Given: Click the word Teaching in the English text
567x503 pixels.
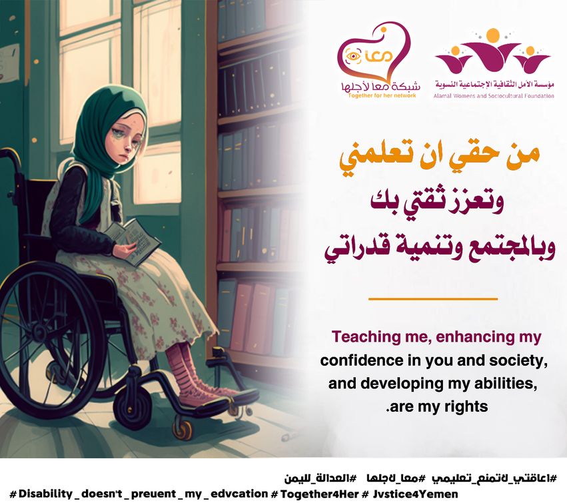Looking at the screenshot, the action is click(363, 336).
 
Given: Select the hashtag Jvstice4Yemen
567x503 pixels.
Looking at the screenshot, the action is click(415, 494).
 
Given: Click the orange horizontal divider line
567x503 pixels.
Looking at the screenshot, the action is click(433, 299).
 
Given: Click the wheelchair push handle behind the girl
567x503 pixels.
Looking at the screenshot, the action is click(10, 155).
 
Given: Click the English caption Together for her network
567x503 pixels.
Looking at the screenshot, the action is click(382, 95).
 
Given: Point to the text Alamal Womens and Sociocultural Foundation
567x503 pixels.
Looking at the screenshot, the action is click(494, 96).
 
